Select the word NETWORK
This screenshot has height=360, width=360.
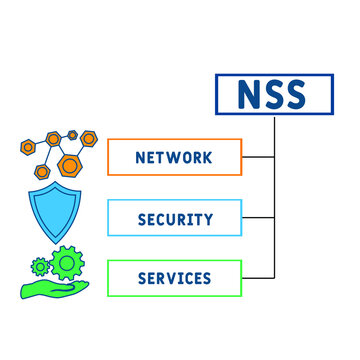pyautogui.click(x=174, y=157)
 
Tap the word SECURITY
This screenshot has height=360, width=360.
pyautogui.click(x=174, y=217)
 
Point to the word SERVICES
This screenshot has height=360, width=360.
pyautogui.click(x=174, y=277)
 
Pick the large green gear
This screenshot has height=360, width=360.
pyautogui.click(x=68, y=263)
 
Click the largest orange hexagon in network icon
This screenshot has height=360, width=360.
pyautogui.click(x=69, y=164)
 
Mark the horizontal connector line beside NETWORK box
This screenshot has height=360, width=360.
pyautogui.click(x=258, y=157)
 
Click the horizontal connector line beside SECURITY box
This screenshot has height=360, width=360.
pyautogui.click(x=258, y=217)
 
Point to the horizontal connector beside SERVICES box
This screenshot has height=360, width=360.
pyautogui.click(x=258, y=277)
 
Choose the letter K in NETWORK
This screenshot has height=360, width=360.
pyautogui.click(x=206, y=157)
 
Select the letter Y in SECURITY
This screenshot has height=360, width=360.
pyautogui.click(x=209, y=217)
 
